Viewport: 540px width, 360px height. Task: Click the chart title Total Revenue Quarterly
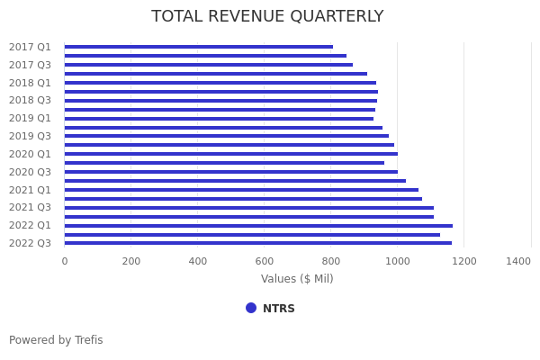pyautogui.click(x=267, y=17)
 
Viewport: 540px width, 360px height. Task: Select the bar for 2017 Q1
pyautogui.click(x=198, y=47)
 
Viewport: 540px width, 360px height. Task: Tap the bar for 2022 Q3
pyautogui.click(x=258, y=243)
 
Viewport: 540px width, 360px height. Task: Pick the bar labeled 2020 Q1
pyautogui.click(x=230, y=154)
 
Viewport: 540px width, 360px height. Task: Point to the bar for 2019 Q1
pyautogui.click(x=219, y=118)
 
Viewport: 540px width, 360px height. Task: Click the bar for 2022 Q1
pyautogui.click(x=258, y=225)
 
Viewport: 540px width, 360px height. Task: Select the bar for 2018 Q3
pyautogui.click(x=220, y=100)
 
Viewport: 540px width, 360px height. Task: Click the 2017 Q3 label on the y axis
pyautogui.click(x=30, y=65)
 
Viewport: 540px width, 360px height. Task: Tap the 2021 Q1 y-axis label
pyautogui.click(x=30, y=190)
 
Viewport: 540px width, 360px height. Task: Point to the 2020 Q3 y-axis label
pyautogui.click(x=30, y=172)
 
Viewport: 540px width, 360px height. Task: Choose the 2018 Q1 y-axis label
pyautogui.click(x=30, y=83)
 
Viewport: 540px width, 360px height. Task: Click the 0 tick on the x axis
pyautogui.click(x=65, y=261)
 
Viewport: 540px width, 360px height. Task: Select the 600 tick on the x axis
pyautogui.click(x=265, y=261)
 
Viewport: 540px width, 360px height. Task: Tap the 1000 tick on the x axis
pyautogui.click(x=398, y=261)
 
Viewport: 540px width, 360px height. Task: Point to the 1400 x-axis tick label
pyautogui.click(x=518, y=261)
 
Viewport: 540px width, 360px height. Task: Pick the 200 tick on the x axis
pyautogui.click(x=131, y=261)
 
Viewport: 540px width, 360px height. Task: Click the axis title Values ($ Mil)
pyautogui.click(x=297, y=279)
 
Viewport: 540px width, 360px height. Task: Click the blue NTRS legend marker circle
pyautogui.click(x=251, y=308)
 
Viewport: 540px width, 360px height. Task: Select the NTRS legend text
pyautogui.click(x=279, y=309)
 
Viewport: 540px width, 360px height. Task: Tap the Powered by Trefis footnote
pyautogui.click(x=56, y=340)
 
